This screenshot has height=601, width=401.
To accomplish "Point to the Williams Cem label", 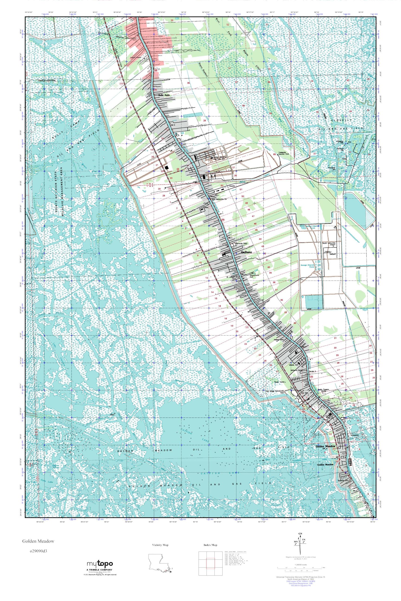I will point(297,370).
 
